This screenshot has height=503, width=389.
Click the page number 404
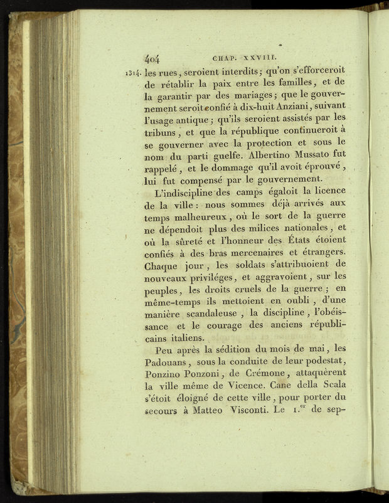tap(153, 60)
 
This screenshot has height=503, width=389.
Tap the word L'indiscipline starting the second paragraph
tap(192, 191)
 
